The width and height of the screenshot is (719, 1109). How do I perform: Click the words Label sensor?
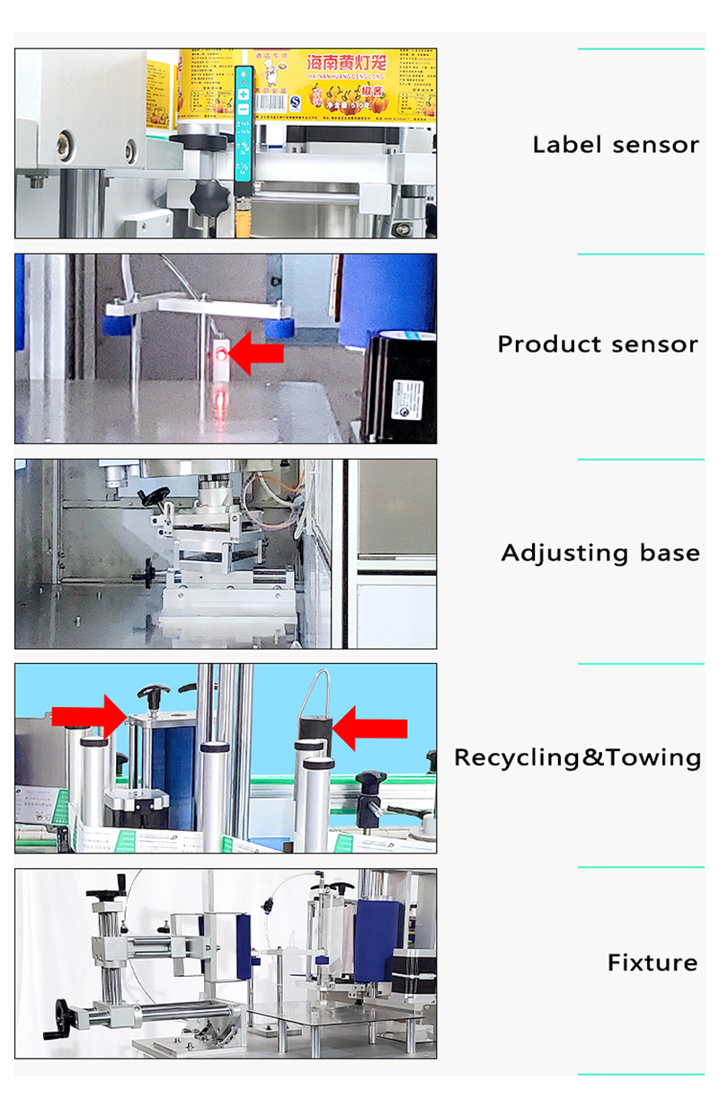tap(616, 144)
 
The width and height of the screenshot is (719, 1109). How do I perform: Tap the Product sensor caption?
tap(598, 344)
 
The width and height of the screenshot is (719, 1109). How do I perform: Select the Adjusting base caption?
tap(600, 552)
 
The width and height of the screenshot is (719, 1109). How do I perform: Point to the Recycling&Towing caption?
tap(577, 757)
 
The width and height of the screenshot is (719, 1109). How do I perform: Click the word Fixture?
tap(652, 962)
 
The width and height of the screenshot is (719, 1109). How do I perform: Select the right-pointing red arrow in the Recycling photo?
tap(90, 716)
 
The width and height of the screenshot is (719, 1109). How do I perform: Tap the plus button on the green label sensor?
tap(243, 94)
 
